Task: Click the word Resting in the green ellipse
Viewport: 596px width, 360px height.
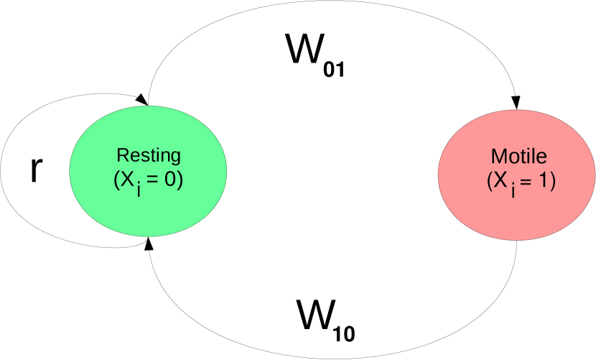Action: pos(149,156)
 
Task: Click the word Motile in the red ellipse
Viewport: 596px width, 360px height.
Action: pos(518,156)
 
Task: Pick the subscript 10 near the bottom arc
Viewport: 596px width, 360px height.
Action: pos(345,333)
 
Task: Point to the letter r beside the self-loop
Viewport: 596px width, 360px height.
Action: pos(38,170)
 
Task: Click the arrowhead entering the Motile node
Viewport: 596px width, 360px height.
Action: pos(516,103)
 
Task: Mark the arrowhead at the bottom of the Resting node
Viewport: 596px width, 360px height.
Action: pos(149,244)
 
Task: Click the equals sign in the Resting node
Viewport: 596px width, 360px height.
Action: pos(155,180)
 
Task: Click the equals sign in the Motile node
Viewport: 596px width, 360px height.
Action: pos(526,180)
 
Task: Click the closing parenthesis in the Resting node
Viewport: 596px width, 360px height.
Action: pos(180,180)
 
